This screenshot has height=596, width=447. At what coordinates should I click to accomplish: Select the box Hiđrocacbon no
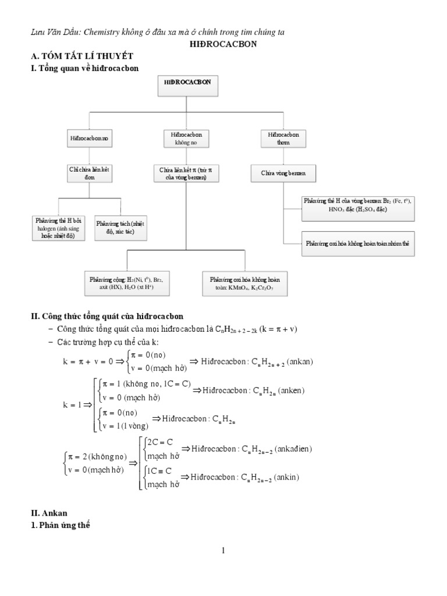click(x=88, y=139)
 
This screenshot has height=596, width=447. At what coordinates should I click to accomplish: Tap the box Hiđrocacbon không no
click(x=186, y=138)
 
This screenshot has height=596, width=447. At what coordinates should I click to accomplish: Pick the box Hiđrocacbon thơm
click(x=283, y=138)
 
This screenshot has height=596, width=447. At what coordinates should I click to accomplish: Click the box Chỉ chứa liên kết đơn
click(x=88, y=173)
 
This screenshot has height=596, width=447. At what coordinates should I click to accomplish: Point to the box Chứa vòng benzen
click(x=283, y=173)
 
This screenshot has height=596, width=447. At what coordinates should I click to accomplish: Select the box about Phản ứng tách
click(x=120, y=227)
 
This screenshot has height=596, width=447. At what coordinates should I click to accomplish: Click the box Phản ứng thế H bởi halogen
click(x=59, y=228)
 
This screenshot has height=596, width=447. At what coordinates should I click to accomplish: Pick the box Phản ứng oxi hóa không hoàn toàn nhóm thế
click(x=358, y=244)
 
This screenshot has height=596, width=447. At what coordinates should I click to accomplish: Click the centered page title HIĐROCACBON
click(x=223, y=44)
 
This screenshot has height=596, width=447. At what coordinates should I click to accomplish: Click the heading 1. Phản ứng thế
click(x=61, y=526)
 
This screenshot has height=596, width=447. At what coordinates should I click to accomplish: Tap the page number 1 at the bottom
click(x=223, y=551)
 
